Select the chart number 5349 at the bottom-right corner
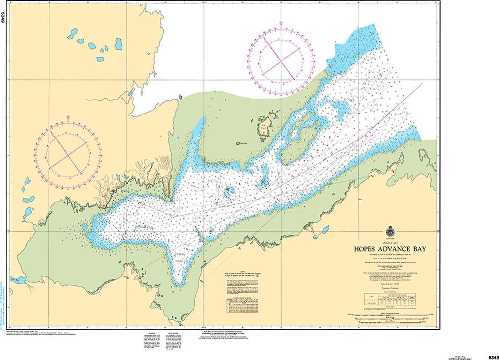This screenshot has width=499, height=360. coord(493,357)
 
